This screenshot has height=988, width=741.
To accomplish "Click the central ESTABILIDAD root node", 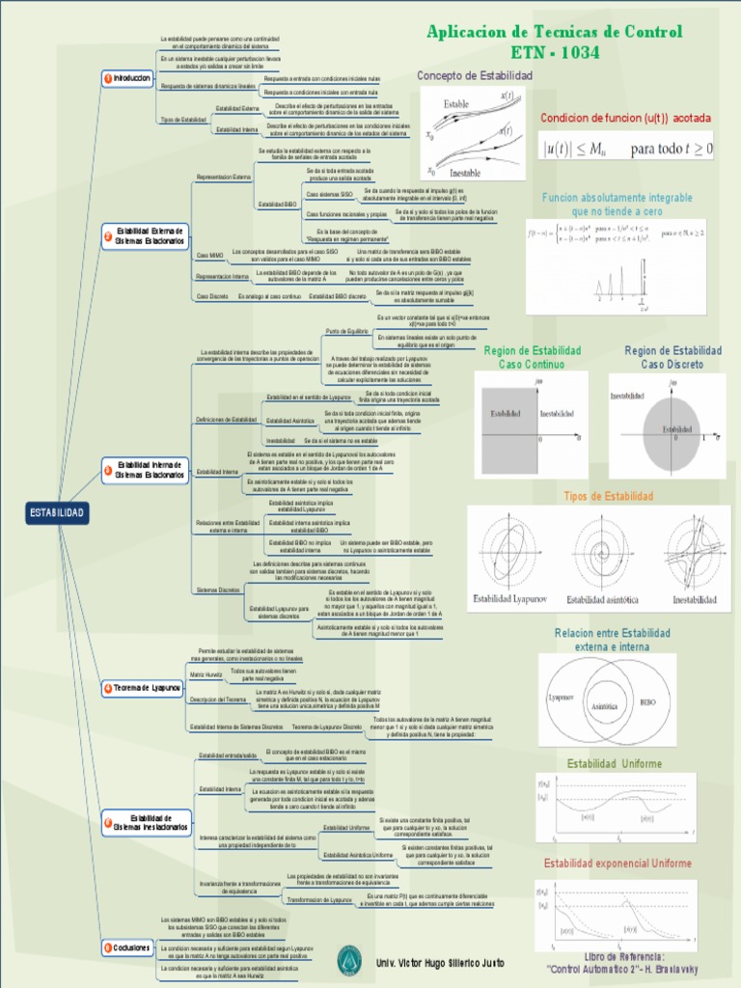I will (58, 512).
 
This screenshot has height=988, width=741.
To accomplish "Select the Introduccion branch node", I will (128, 78).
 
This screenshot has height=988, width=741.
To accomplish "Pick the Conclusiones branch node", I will (127, 948).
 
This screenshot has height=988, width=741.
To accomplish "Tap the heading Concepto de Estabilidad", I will (474, 75).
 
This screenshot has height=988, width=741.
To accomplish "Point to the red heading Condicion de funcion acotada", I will (625, 118).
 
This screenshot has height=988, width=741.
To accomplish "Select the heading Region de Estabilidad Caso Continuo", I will (532, 357).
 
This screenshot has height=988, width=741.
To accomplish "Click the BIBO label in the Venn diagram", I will (648, 703).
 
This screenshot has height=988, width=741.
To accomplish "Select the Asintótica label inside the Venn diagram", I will (603, 706).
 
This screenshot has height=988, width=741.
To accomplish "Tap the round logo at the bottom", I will (348, 960).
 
